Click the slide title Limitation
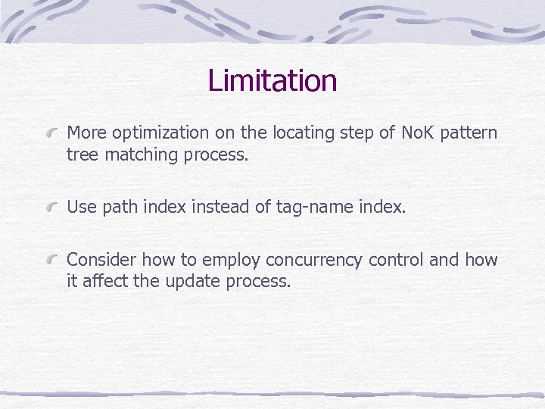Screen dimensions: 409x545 point(272,80)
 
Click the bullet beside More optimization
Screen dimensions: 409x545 point(53,134)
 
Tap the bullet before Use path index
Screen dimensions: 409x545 point(53,208)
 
